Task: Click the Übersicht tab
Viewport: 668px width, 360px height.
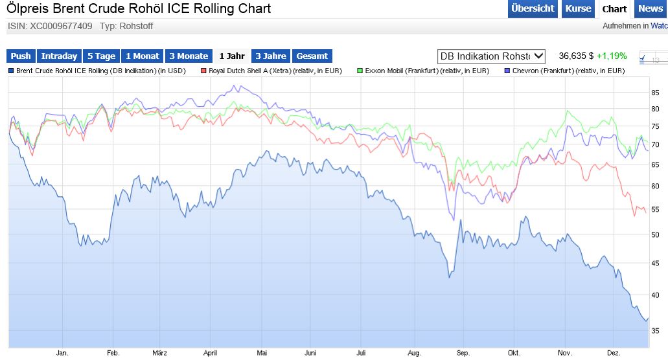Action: (533, 8)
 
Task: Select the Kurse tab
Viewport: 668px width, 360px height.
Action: (578, 8)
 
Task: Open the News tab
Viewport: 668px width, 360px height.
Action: (651, 8)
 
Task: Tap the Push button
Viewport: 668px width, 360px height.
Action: (21, 56)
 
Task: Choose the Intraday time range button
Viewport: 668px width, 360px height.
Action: (59, 56)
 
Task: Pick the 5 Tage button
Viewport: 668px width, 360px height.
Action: (101, 56)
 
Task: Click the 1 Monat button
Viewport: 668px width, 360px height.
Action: (143, 56)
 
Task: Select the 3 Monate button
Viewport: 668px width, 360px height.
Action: (189, 56)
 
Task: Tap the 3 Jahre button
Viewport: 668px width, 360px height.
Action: (271, 56)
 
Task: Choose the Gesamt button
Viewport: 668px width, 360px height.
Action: (312, 56)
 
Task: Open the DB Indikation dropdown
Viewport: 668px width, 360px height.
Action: (492, 56)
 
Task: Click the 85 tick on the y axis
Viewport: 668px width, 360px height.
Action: (655, 93)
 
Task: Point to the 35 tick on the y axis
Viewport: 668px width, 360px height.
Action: (655, 331)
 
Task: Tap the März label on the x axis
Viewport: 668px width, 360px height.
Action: (159, 353)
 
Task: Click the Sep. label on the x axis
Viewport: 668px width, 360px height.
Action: (463, 353)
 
